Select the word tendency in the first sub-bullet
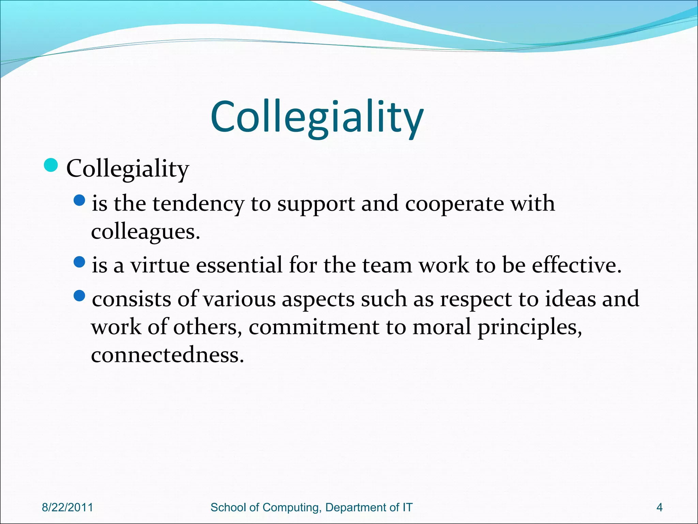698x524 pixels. click(x=198, y=204)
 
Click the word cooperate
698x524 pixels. click(x=454, y=204)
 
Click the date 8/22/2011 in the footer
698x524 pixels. click(x=67, y=508)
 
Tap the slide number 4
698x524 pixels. click(x=659, y=508)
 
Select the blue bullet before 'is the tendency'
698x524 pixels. click(x=79, y=200)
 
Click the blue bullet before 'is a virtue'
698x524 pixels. click(x=79, y=262)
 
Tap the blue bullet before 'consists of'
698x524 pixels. click(x=79, y=296)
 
